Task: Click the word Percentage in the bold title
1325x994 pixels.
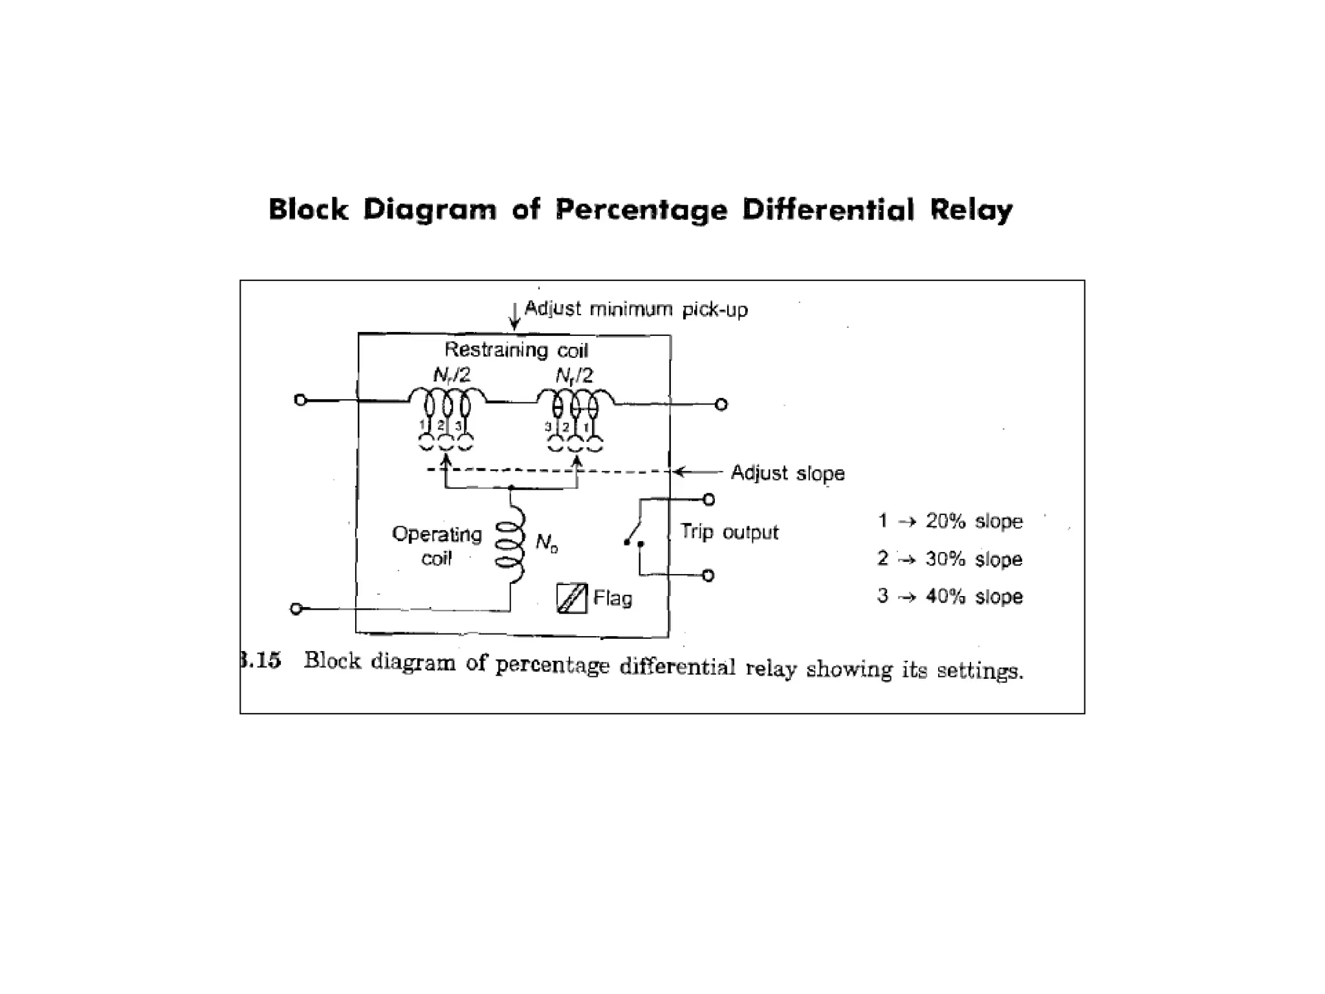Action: coord(641,210)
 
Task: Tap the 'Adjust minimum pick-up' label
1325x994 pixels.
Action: coord(635,309)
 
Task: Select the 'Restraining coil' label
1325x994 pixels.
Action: coord(516,350)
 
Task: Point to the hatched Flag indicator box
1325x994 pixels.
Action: coord(571,598)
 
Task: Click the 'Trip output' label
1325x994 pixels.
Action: coord(729,532)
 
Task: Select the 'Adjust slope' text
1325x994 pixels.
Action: coord(787,473)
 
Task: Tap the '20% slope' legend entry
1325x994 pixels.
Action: coord(974,521)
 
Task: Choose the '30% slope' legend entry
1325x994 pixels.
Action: coord(974,558)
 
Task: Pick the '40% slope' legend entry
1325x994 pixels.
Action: coord(974,596)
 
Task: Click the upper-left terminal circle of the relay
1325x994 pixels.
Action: coord(300,400)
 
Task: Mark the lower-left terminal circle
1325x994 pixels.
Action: coord(296,608)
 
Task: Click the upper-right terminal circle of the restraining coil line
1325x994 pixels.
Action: coord(721,404)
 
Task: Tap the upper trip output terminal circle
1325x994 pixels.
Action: coord(708,500)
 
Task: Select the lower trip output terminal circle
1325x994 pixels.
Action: coord(708,575)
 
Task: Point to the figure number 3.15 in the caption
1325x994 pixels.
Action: coord(261,661)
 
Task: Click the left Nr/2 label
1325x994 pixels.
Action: coord(452,375)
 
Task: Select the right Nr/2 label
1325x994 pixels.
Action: coord(574,375)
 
